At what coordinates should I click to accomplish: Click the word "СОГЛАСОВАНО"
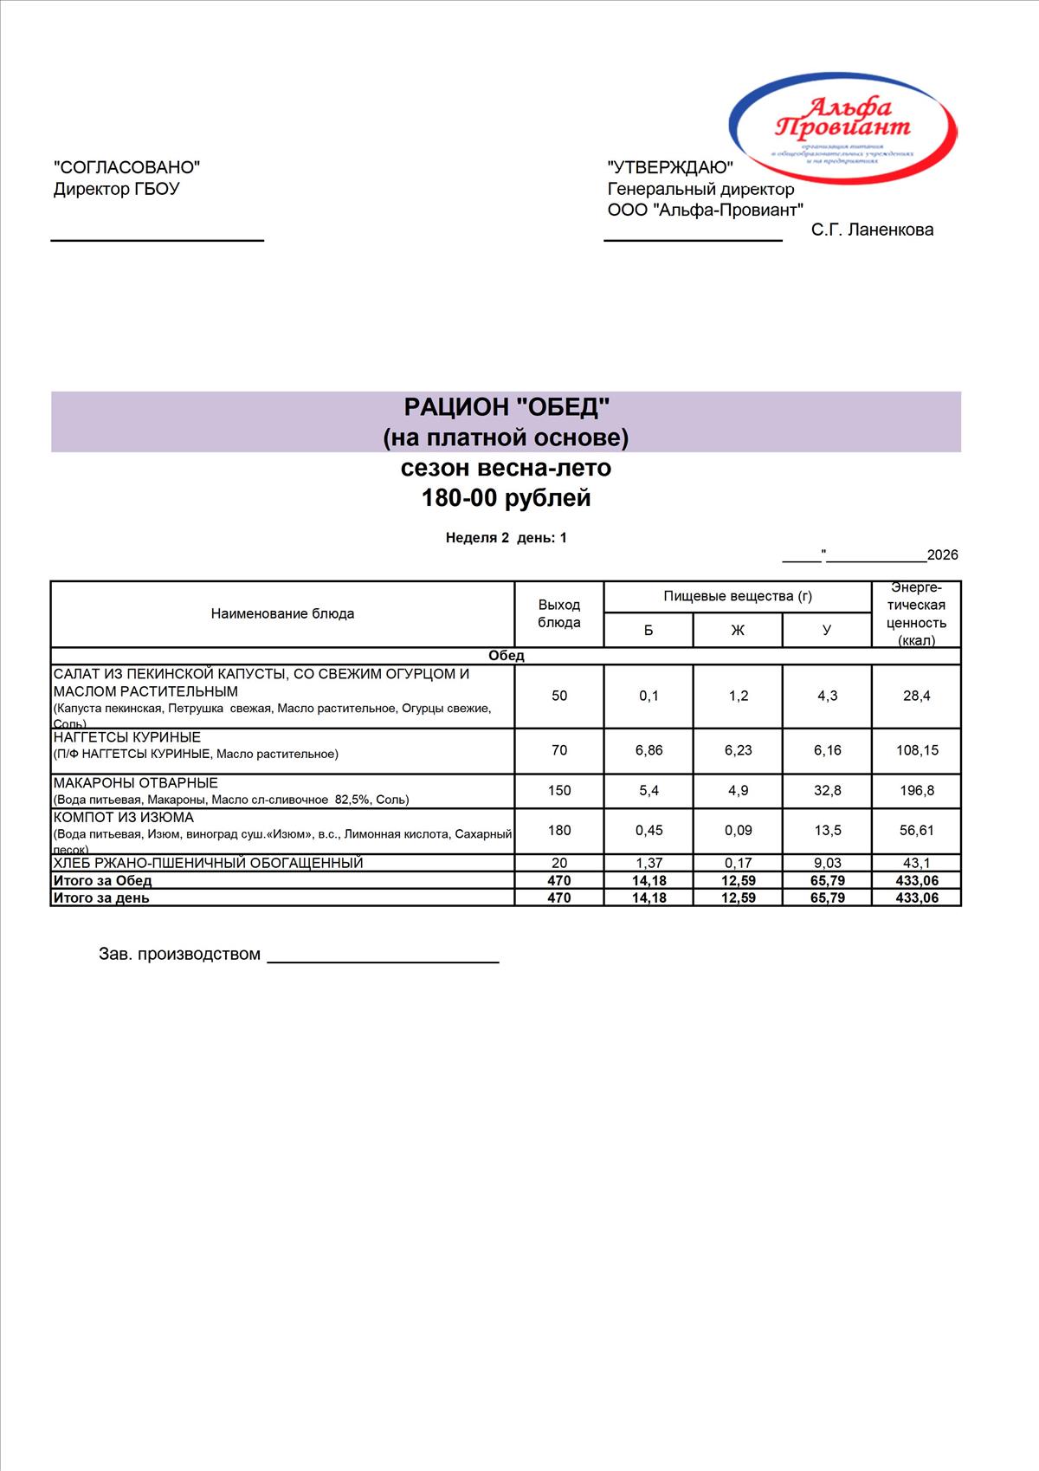(126, 167)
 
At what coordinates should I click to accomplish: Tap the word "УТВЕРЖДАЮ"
(670, 167)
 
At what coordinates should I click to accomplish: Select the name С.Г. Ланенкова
(872, 230)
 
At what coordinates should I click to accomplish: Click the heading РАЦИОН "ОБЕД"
(507, 407)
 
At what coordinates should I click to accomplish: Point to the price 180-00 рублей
(507, 498)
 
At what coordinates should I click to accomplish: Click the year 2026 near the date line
(942, 555)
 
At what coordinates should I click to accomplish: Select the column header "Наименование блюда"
(282, 613)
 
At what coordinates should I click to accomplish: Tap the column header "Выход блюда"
(559, 613)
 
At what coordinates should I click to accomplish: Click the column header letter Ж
(738, 630)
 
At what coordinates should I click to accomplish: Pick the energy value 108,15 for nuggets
(917, 750)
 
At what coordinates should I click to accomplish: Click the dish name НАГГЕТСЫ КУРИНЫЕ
(127, 737)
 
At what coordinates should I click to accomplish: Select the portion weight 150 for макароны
(559, 790)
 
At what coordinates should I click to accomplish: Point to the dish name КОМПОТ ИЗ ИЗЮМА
(124, 817)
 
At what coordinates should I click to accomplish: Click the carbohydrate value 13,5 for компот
(827, 830)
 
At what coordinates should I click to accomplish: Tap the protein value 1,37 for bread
(649, 863)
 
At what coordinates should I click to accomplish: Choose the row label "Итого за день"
(101, 898)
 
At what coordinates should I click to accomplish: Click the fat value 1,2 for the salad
(738, 696)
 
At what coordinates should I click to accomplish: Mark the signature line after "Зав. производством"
(383, 960)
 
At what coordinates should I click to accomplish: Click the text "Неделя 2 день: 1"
(507, 538)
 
